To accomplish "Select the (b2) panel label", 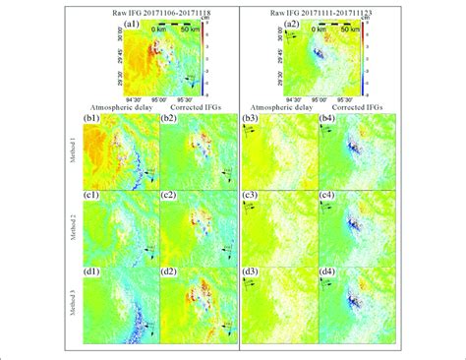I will click(x=171, y=123).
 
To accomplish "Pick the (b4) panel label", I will click(x=330, y=123).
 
